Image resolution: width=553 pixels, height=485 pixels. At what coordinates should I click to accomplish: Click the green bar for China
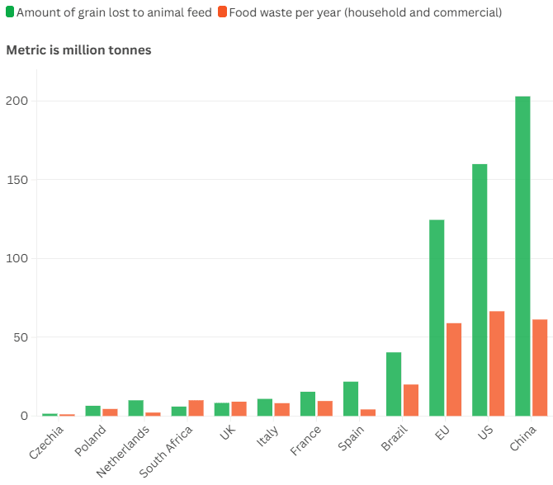tap(522, 256)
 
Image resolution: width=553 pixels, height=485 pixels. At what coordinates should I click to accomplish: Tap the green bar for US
tap(480, 290)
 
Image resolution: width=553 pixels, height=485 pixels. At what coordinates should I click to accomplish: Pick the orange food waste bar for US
tap(497, 363)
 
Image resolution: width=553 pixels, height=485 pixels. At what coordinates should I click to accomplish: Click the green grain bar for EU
tap(437, 318)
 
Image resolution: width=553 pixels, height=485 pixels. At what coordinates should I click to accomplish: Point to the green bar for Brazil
tap(394, 384)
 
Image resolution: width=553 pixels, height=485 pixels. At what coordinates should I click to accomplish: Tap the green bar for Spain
tap(351, 398)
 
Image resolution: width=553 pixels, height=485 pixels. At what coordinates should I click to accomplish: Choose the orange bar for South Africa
tap(196, 407)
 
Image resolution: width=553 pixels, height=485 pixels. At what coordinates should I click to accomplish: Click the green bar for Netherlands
tap(136, 407)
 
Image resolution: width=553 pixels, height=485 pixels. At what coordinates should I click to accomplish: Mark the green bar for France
tap(308, 403)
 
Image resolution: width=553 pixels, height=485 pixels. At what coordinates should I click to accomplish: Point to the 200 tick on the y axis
tap(18, 101)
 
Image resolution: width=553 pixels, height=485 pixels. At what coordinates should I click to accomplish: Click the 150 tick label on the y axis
tap(18, 180)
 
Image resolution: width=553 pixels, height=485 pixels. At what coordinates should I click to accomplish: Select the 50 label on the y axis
tap(21, 337)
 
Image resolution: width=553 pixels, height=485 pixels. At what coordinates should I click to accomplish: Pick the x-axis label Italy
tap(267, 436)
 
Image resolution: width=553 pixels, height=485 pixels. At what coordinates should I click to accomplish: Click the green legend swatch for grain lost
tap(10, 12)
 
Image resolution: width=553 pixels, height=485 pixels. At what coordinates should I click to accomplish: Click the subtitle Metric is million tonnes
tap(78, 50)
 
